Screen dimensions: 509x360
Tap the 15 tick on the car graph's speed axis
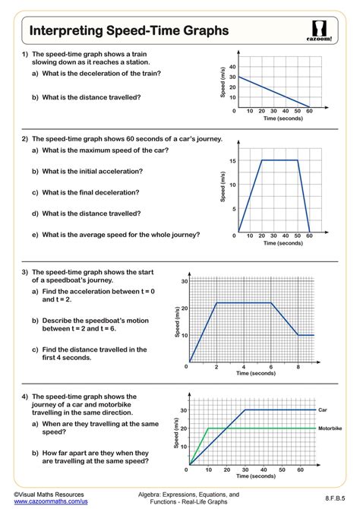[232, 160]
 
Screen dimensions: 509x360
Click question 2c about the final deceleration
[86, 193]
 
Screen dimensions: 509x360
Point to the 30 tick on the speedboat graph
[184, 282]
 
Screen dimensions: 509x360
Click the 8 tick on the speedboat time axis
[298, 366]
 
